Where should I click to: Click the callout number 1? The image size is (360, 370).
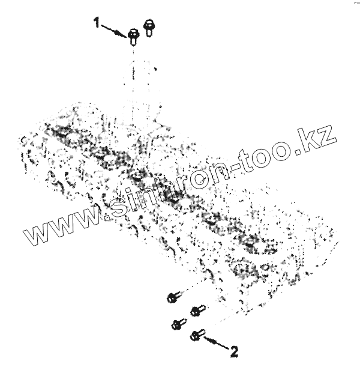point(96,23)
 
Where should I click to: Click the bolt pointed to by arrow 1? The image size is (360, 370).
point(133,37)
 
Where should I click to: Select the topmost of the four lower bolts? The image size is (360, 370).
point(173,297)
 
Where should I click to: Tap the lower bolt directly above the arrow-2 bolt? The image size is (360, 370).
point(196,311)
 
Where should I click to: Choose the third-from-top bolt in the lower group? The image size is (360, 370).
point(177,324)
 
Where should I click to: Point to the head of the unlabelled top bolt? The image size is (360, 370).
point(148,24)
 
